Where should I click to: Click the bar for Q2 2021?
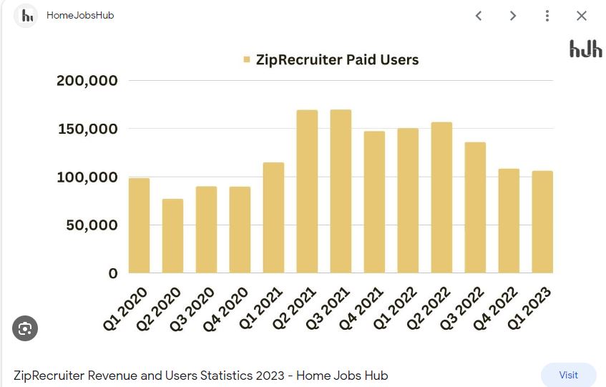coord(307,191)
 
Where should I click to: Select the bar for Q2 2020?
coord(172,235)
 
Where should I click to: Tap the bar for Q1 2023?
coord(542,222)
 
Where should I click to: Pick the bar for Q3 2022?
coord(475,207)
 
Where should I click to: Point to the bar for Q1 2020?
coord(139,225)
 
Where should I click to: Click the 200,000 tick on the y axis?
coord(87,81)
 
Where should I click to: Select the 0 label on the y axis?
coord(113,273)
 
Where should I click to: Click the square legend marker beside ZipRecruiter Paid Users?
coord(247,60)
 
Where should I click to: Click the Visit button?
coord(568,375)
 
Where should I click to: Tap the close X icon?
coord(582,16)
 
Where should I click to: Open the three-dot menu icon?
coord(547,16)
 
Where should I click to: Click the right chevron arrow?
coord(513,16)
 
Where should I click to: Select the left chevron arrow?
coord(479,16)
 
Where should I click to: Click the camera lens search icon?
coord(25,328)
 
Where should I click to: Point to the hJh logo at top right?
coord(585,49)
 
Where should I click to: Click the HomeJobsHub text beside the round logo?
coord(80,15)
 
